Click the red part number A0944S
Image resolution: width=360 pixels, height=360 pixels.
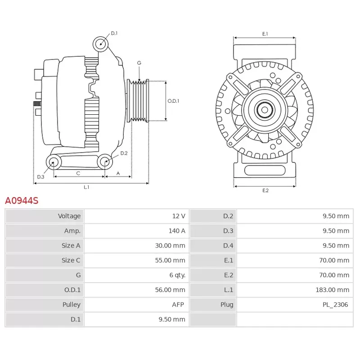(x=22, y=200)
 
